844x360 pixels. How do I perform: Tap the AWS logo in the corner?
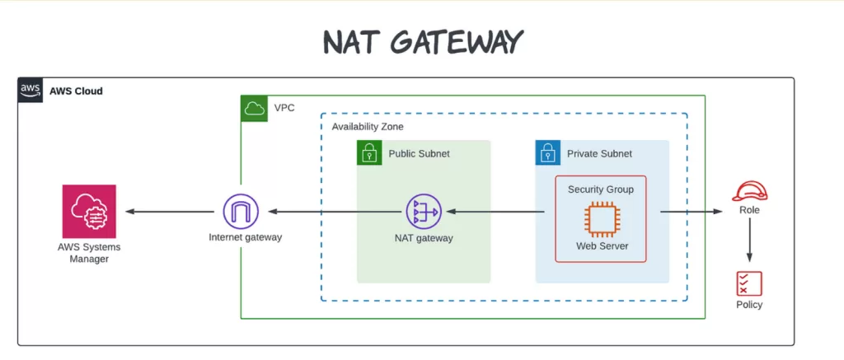[30, 90]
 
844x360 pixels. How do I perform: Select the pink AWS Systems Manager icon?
[89, 212]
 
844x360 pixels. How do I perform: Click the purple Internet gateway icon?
[240, 212]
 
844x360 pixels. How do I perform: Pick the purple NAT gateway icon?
[423, 212]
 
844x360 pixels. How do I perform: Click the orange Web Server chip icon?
[600, 218]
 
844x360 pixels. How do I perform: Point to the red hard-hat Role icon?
[749, 192]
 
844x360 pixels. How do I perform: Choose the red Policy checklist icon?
[749, 283]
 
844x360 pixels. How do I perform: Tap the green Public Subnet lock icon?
[369, 152]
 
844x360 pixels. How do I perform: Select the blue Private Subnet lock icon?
[548, 152]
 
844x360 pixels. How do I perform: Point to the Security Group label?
[600, 189]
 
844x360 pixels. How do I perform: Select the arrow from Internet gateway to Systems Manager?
[170, 212]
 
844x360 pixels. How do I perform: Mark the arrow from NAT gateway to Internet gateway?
[330, 212]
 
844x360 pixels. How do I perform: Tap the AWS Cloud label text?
[76, 91]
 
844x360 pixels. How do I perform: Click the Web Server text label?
[600, 246]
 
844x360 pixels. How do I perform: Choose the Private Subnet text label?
[599, 153]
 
